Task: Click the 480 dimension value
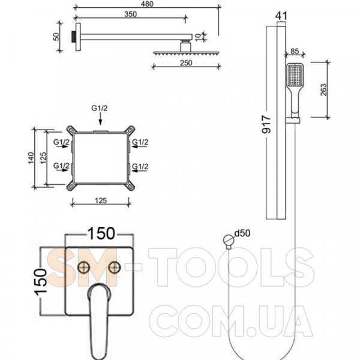(x=147, y=4)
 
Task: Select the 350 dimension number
(x=130, y=14)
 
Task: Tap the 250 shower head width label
(x=186, y=63)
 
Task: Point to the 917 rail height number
(x=266, y=124)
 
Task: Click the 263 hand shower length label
(x=323, y=89)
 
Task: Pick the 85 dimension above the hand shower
(x=295, y=51)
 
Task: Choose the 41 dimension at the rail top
(x=281, y=16)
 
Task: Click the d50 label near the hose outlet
(x=242, y=233)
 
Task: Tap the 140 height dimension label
(x=31, y=158)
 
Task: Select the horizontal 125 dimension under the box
(x=101, y=200)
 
